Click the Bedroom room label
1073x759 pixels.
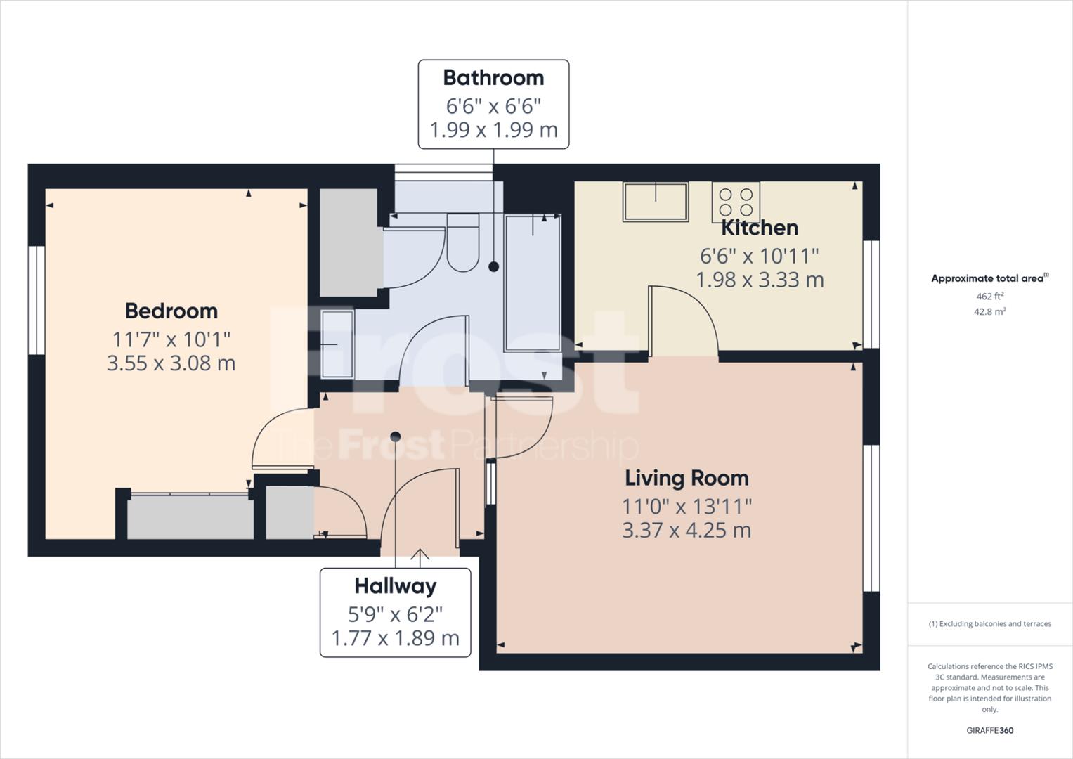171,311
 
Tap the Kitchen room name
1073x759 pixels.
760,228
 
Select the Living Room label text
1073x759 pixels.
687,478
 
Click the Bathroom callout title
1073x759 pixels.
493,78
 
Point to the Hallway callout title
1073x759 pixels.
395,586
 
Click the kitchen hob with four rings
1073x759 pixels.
736,202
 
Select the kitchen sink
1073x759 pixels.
655,202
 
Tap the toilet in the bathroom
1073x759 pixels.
462,242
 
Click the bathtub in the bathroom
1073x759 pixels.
533,283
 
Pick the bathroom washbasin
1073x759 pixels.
337,344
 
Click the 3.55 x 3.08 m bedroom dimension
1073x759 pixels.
171,363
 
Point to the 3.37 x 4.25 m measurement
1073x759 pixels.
687,530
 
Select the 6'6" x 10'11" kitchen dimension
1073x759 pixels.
760,256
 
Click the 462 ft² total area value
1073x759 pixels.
989,297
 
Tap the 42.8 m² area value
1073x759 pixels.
989,312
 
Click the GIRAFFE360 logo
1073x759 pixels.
989,730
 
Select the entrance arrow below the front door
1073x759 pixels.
420,558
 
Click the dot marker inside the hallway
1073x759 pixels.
395,436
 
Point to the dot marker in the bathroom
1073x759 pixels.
493,266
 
